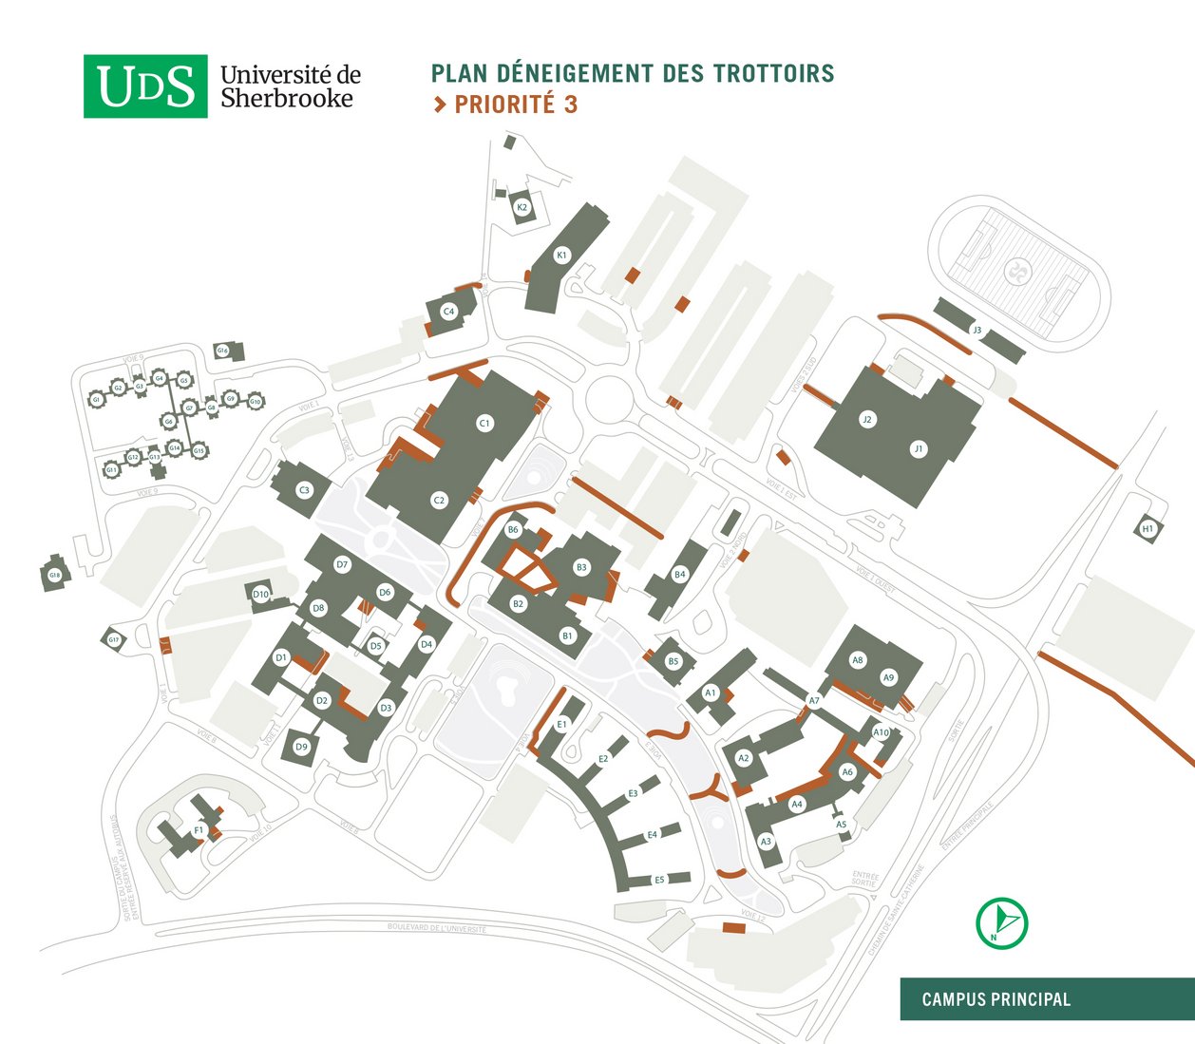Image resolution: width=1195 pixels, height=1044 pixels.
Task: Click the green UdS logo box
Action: click(145, 86)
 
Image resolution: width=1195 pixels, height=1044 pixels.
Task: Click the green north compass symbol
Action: click(1001, 922)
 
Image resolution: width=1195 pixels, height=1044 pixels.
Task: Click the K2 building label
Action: click(522, 207)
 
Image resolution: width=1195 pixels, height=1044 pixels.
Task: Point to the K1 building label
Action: click(561, 255)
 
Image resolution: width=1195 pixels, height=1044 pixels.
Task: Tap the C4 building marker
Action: click(449, 311)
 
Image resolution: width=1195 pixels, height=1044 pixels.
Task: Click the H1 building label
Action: click(1148, 529)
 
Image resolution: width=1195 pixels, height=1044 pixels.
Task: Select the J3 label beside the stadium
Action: click(977, 331)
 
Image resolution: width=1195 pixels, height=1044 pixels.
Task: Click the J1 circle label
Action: click(919, 448)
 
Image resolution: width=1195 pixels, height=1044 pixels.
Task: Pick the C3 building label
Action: click(304, 490)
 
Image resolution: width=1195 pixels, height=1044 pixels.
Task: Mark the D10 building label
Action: click(261, 595)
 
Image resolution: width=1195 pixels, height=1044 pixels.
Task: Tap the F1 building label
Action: click(199, 830)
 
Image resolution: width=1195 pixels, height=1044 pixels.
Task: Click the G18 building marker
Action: click(55, 576)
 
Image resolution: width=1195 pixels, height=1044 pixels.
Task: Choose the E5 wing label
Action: click(659, 880)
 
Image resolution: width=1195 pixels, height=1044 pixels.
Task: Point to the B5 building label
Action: click(673, 661)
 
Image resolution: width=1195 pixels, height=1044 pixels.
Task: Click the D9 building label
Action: click(301, 747)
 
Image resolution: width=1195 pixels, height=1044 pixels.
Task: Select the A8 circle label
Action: click(858, 660)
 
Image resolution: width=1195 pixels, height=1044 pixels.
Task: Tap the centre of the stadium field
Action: click(1018, 273)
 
